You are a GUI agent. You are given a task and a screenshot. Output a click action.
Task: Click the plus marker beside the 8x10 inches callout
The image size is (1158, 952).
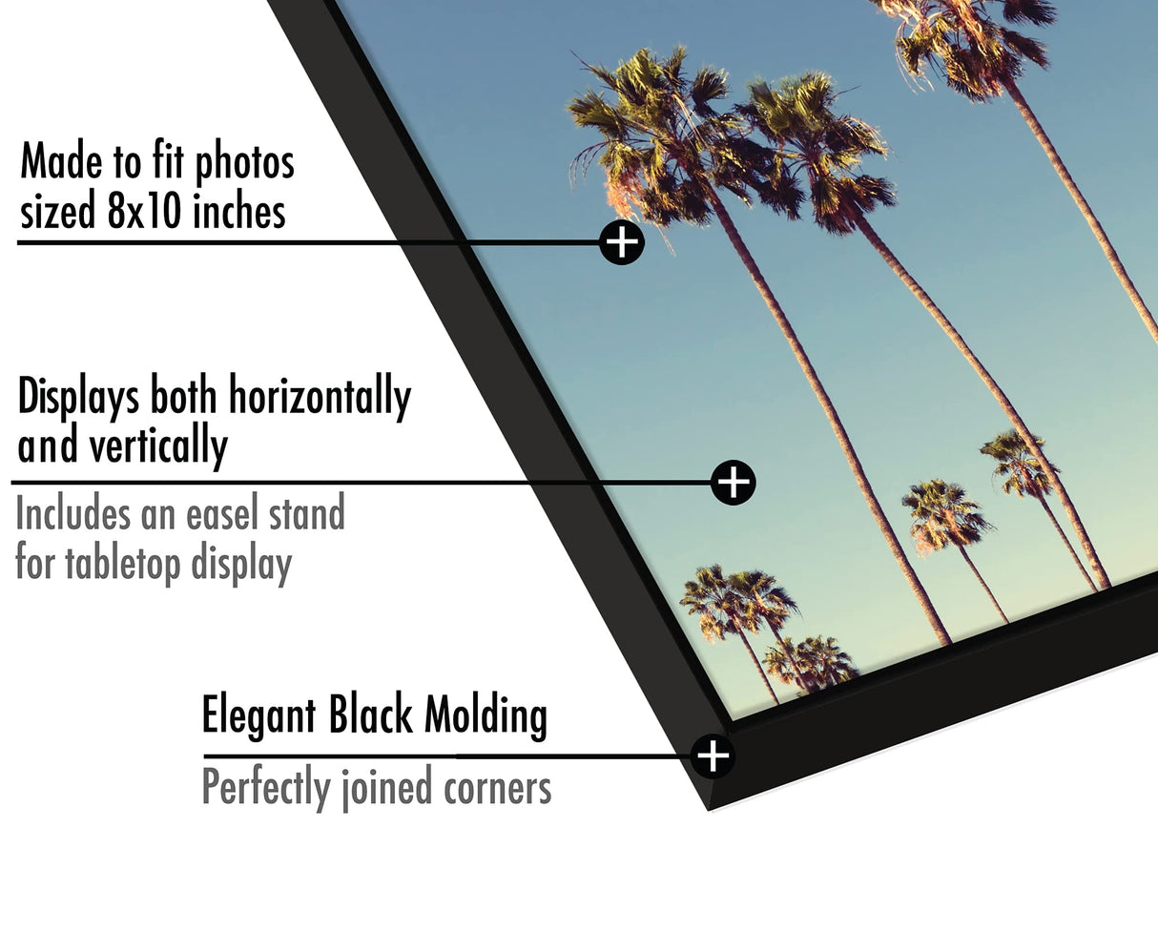622,242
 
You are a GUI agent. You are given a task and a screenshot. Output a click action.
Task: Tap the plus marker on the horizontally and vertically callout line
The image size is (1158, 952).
733,483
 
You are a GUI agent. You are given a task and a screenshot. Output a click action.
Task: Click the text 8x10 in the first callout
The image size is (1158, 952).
143,211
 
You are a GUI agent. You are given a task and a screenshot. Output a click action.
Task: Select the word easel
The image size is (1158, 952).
218,515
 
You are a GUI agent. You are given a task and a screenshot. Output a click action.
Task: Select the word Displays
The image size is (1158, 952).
78,397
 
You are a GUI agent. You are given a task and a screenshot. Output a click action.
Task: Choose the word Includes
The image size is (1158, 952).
72,515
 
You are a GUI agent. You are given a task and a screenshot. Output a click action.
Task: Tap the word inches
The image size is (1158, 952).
238,211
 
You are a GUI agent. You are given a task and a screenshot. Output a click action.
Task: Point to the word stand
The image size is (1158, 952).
306,515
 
